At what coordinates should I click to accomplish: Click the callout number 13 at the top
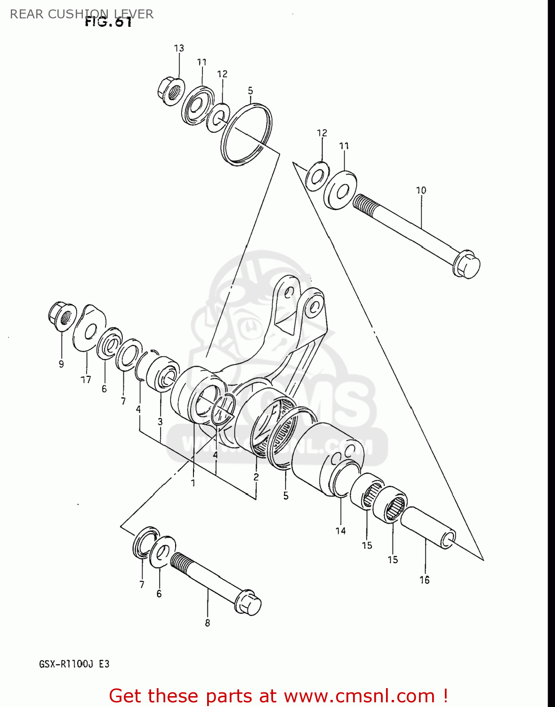click(179, 48)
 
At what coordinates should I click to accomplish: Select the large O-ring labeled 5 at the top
click(247, 134)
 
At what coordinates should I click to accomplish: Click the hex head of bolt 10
click(467, 266)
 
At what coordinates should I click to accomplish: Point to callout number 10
click(421, 190)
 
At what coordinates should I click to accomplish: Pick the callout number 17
click(86, 379)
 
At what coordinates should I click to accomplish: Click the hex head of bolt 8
click(249, 603)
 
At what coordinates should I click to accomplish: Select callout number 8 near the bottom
click(208, 623)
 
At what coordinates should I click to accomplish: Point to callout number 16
click(425, 580)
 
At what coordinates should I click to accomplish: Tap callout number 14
click(340, 531)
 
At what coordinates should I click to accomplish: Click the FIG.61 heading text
click(108, 22)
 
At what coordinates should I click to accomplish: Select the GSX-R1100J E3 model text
click(74, 664)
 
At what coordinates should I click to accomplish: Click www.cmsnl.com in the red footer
click(359, 696)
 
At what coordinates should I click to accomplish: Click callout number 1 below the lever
click(193, 483)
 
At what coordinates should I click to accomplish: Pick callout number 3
click(160, 421)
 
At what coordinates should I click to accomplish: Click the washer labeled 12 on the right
click(317, 176)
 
